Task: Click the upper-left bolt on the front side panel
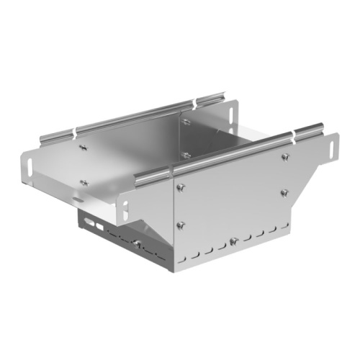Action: [180, 188]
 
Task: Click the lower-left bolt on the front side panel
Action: [180, 224]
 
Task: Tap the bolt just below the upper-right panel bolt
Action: [284, 192]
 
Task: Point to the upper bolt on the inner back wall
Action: [186, 123]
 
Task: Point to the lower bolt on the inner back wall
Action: [186, 154]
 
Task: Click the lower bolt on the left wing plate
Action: [84, 182]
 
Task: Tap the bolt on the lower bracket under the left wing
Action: [135, 243]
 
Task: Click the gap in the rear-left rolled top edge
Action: [74, 131]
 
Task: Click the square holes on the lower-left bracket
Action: [92, 224]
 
